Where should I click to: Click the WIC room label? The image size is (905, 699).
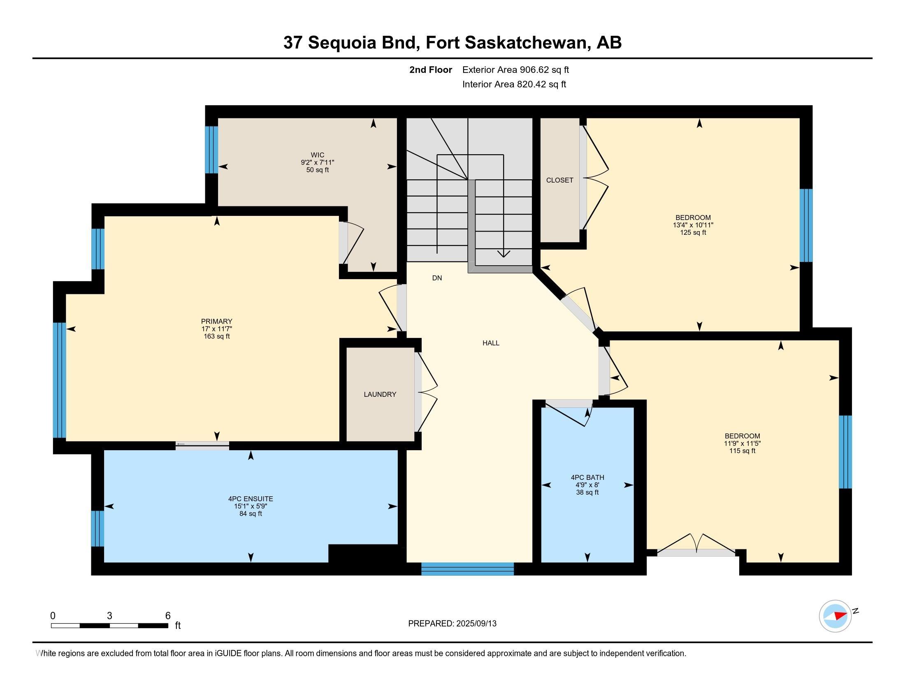coord(318,155)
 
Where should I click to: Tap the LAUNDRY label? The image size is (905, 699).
coord(380,394)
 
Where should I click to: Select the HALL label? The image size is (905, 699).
coord(491,343)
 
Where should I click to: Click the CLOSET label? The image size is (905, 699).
coord(560,180)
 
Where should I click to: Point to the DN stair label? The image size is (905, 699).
coord(437,278)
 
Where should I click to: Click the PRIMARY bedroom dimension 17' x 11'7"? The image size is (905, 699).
coord(217,329)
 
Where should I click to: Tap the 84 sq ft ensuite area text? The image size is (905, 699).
coord(251,514)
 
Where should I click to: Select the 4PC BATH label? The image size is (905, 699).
coord(587,477)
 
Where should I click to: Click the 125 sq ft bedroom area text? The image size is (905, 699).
coord(693,232)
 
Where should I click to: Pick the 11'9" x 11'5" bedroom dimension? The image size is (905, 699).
coord(743,443)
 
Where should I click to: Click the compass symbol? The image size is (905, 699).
coord(835,616)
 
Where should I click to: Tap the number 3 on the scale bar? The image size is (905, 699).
coord(109,616)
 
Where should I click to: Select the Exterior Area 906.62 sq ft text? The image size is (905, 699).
coord(516,69)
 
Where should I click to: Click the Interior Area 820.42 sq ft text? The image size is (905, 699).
coord(514,84)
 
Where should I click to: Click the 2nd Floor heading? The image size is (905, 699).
coord(431,69)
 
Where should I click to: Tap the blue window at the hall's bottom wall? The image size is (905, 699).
coord(467,569)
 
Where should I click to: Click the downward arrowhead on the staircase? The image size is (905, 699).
coord(504,254)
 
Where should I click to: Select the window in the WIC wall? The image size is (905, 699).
coord(211,150)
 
